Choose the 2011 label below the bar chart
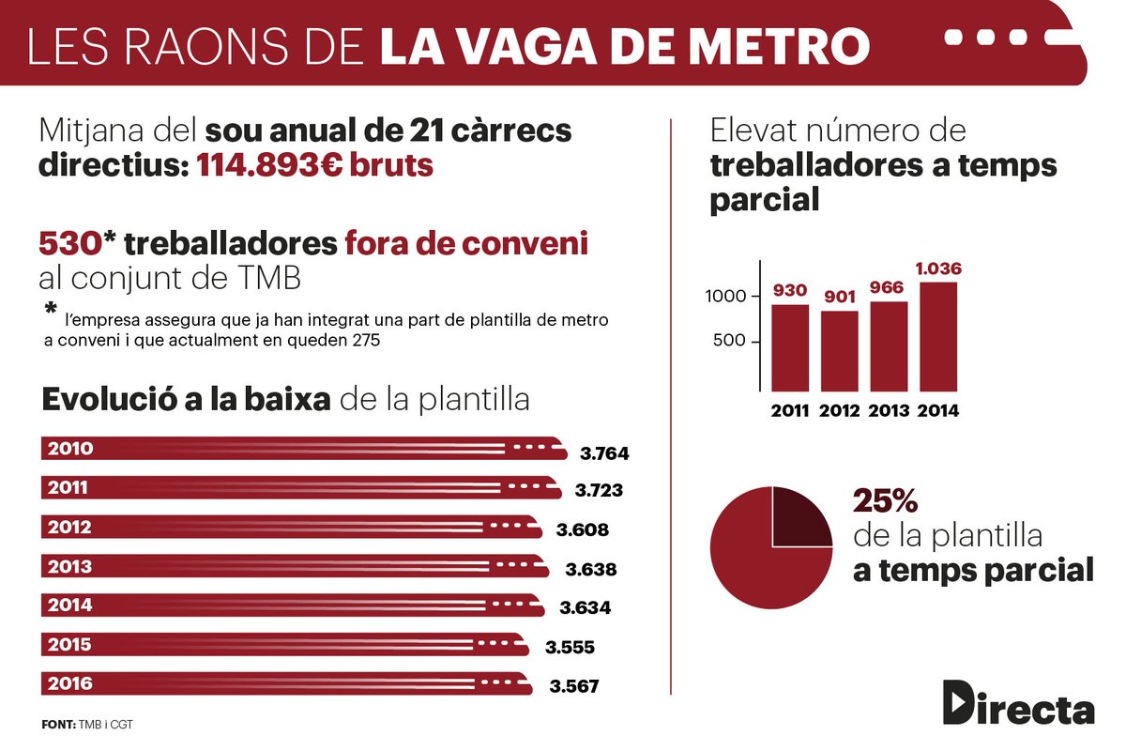tap(790, 410)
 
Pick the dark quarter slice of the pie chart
tap(799, 517)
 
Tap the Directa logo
tap(1018, 703)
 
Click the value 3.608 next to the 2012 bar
tap(582, 529)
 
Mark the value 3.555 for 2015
tap(571, 647)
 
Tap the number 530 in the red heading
tap(69, 244)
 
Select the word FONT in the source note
tap(58, 725)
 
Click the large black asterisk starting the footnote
tap(49, 310)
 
